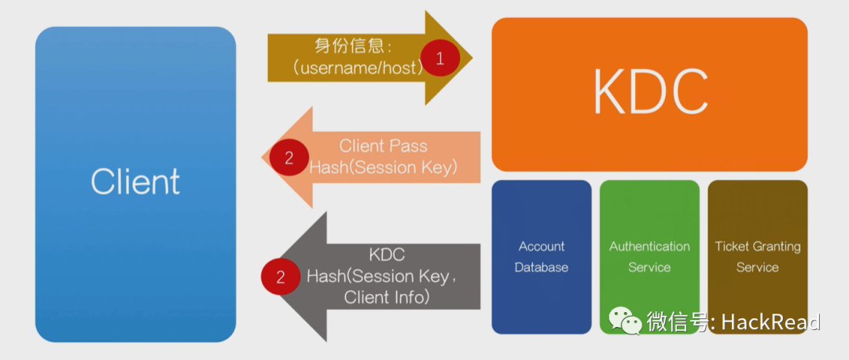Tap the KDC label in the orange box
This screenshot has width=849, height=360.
649,93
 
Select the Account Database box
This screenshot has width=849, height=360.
541,256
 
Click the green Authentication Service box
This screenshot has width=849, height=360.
649,256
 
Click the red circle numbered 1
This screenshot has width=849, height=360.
439,57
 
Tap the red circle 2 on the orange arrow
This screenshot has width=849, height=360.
289,157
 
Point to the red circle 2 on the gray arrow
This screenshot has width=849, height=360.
279,276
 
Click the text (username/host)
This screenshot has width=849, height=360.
358,68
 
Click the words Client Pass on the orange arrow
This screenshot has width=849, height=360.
383,146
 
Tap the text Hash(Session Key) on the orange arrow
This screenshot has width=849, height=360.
383,167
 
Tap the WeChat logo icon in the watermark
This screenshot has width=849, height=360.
627,321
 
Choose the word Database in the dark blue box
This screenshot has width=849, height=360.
541,267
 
